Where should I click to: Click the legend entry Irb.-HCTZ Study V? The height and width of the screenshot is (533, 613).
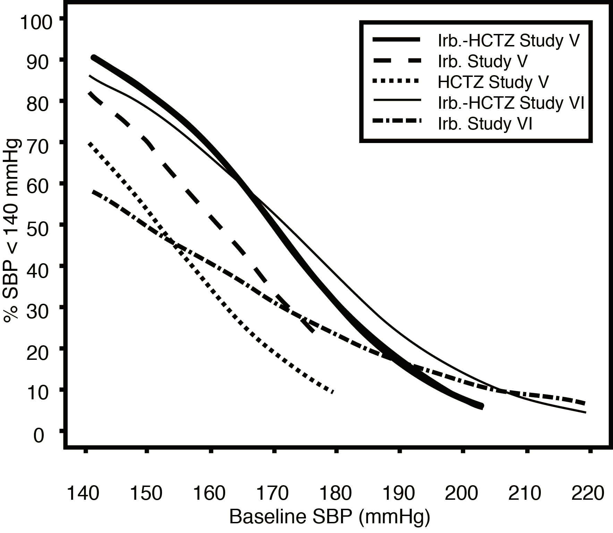click(x=509, y=41)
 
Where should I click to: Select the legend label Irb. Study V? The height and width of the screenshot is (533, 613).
click(x=483, y=61)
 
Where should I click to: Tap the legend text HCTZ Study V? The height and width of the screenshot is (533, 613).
click(x=493, y=82)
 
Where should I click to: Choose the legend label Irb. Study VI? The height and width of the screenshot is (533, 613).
click(x=485, y=124)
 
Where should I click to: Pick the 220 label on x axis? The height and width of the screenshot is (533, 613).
click(x=588, y=493)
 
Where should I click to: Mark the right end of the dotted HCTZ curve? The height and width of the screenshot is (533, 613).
click(x=333, y=392)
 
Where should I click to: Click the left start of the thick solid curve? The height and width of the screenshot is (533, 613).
click(x=94, y=57)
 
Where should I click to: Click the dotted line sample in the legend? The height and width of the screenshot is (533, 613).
click(x=396, y=81)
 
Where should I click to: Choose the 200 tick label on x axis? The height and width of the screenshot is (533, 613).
click(x=462, y=493)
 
